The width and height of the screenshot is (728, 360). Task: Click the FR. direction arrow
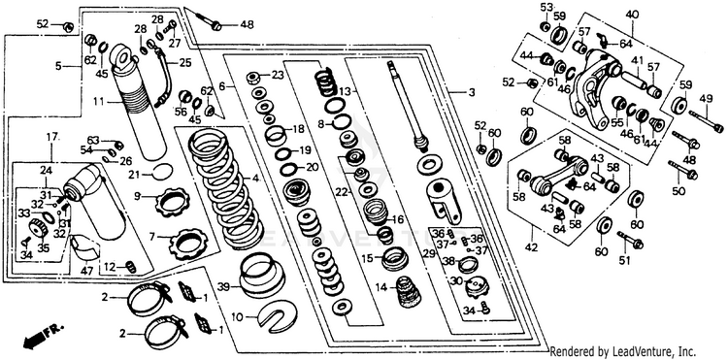tap(42, 337)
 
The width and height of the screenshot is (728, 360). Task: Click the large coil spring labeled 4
tap(225, 188)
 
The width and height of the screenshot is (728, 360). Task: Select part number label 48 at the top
tap(247, 24)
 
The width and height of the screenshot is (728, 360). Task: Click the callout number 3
tap(472, 93)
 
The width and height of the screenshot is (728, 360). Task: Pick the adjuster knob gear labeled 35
tap(39, 229)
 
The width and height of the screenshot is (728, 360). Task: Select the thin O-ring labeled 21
tap(163, 172)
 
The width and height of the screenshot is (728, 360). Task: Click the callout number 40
tap(632, 14)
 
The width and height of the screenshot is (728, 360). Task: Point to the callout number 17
tap(51, 137)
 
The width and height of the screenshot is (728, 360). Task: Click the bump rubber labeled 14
tap(408, 291)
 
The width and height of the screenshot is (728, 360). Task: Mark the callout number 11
tap(98, 100)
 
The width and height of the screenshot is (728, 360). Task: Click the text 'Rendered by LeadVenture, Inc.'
tap(622, 351)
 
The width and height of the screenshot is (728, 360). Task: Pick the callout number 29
tap(429, 253)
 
